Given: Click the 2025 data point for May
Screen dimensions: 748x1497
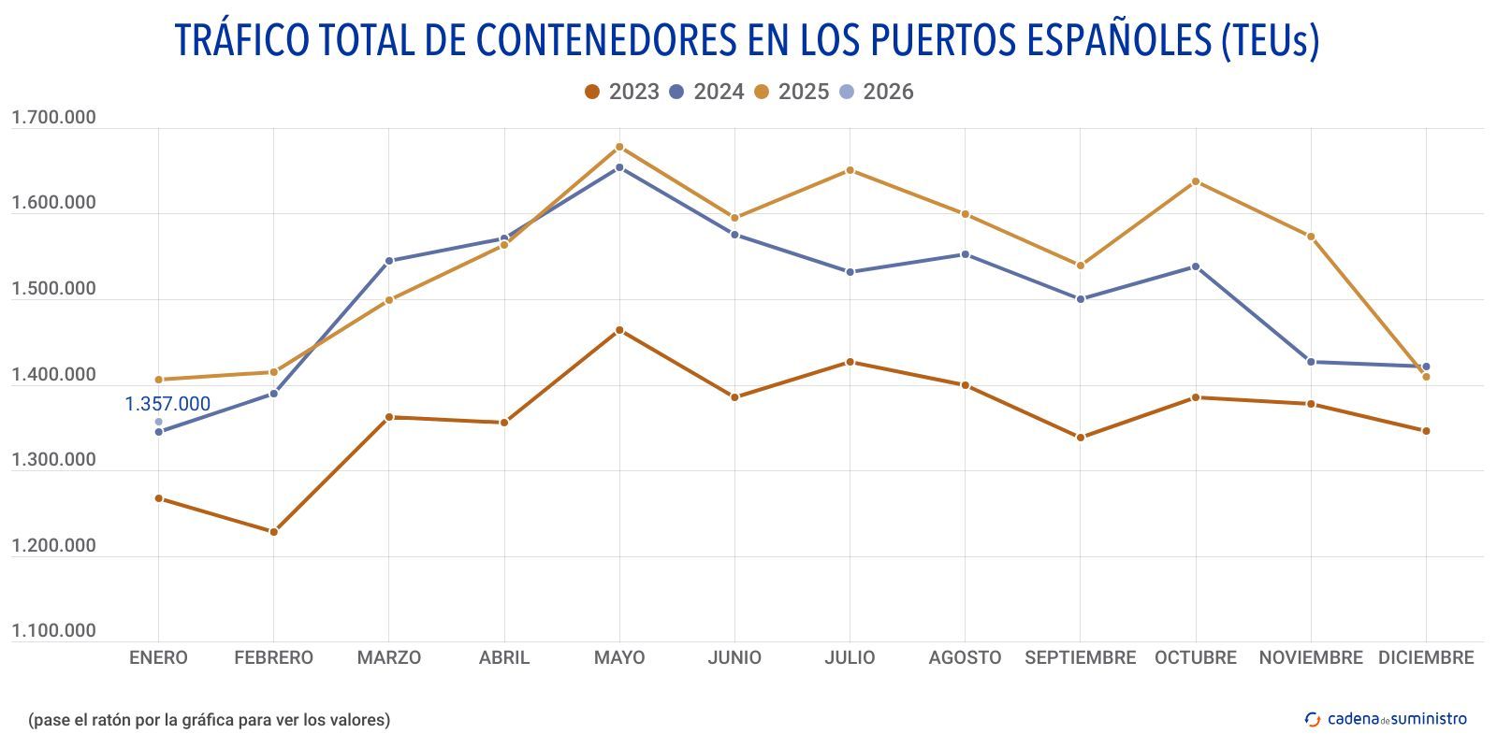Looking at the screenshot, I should (619, 147).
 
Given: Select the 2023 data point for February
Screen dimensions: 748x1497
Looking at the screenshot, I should (274, 532).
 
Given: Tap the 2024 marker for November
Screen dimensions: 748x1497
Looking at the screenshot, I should (1311, 362).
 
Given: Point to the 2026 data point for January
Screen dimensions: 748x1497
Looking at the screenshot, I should (158, 422).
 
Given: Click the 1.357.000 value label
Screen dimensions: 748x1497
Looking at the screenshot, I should (167, 404).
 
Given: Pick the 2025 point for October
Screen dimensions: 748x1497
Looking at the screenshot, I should (1196, 181).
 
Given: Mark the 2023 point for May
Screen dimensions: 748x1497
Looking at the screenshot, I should (619, 330).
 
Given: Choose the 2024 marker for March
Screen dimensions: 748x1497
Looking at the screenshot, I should (389, 261).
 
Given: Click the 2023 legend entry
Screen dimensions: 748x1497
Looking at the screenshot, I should (622, 92).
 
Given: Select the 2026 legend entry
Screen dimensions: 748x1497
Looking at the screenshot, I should (877, 92).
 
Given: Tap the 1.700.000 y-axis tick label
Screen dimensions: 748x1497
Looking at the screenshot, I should (53, 118).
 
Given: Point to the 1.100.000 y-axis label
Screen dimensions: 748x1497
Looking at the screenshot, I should (53, 631).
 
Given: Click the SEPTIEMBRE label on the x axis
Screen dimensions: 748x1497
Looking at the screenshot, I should (1080, 657).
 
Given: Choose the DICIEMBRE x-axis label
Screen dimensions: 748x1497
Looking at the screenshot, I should (1425, 657).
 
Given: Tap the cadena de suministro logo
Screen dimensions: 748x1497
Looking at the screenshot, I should (1386, 718).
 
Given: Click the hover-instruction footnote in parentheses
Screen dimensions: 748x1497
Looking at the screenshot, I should (209, 720).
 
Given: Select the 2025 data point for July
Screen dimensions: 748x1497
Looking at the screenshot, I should (850, 170).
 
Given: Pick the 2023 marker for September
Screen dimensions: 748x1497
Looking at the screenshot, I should (1081, 438).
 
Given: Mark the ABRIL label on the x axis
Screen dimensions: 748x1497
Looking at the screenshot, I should (504, 657).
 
